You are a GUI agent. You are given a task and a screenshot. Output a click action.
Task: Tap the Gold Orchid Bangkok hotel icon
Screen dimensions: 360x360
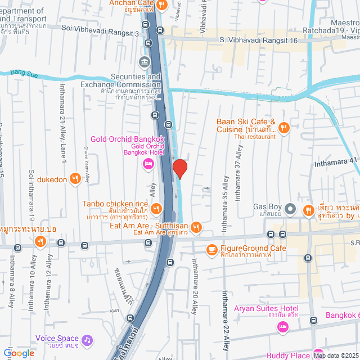pos(148,164)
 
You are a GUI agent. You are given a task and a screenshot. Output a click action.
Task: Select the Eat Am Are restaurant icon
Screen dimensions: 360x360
pos(196,227)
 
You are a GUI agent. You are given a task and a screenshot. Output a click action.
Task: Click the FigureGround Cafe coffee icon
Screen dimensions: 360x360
pos(212,249)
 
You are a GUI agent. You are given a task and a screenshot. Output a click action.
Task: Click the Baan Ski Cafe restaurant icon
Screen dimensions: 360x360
pos(284,128)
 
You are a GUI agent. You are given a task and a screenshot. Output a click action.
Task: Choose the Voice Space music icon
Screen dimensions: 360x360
pos(86,340)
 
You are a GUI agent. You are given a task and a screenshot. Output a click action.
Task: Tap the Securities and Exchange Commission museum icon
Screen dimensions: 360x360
pos(145,61)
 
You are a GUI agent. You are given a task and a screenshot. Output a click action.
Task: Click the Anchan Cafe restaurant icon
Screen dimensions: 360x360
pos(162,5)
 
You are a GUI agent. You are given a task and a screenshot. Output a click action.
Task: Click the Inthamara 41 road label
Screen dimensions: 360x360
pos(336,160)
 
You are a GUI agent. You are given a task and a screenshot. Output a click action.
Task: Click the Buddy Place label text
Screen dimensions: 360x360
pos(289,355)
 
